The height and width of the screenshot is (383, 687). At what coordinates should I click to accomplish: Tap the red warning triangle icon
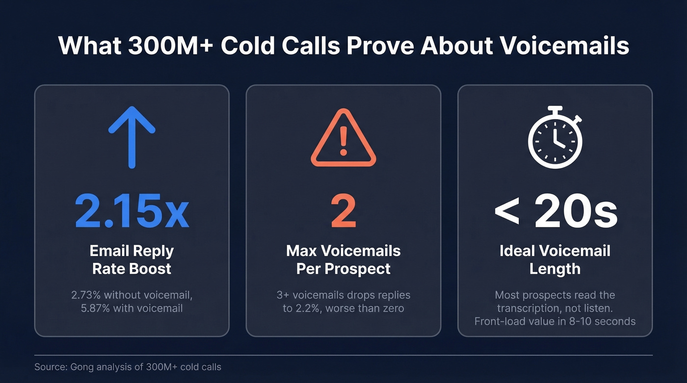click(343, 138)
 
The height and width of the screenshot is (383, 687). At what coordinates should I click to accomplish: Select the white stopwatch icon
click(555, 138)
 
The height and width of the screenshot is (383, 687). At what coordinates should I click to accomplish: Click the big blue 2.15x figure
click(132, 212)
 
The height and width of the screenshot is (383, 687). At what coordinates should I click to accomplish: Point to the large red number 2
click(343, 212)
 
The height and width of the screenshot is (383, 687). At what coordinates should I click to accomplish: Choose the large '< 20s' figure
click(555, 212)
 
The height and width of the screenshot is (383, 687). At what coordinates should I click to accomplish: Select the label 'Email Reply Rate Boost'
click(132, 259)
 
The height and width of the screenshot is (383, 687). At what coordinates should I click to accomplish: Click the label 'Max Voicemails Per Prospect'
click(343, 259)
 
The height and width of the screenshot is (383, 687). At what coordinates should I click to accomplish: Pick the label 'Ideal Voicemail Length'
click(555, 259)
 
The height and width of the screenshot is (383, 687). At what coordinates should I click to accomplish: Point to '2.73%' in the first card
click(87, 295)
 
